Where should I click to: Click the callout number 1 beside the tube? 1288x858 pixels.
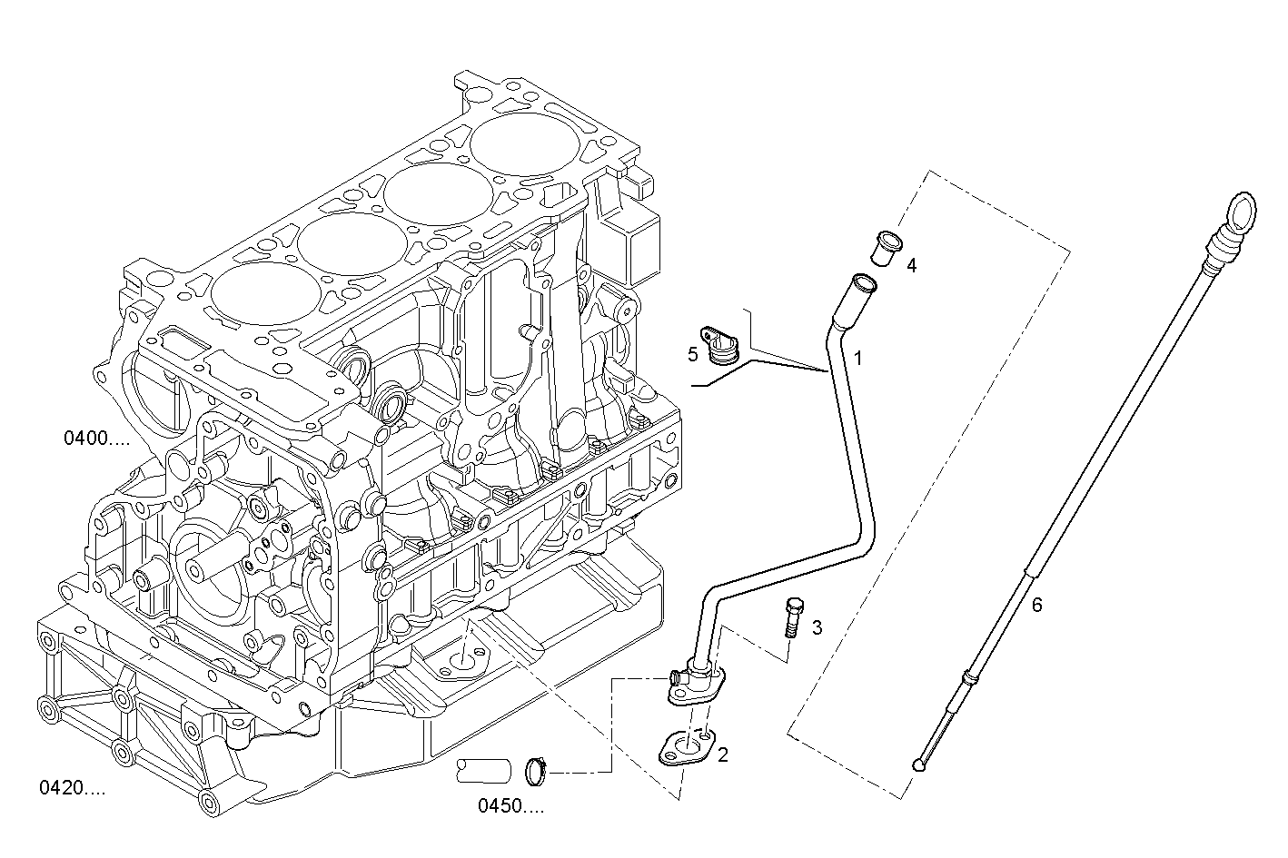[857, 359]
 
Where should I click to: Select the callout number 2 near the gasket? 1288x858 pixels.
[723, 754]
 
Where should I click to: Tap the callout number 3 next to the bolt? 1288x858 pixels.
[817, 627]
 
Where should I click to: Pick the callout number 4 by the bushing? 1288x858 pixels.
[911, 265]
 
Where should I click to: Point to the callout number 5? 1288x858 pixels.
[693, 354]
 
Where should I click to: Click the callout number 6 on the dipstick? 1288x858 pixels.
[1036, 605]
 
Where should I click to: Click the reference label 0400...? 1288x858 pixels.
[95, 439]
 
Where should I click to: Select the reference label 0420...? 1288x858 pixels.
[72, 788]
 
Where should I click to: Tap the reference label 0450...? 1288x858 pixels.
[510, 805]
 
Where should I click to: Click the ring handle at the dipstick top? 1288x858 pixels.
[1241, 215]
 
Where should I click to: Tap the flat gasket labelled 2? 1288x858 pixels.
[686, 747]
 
